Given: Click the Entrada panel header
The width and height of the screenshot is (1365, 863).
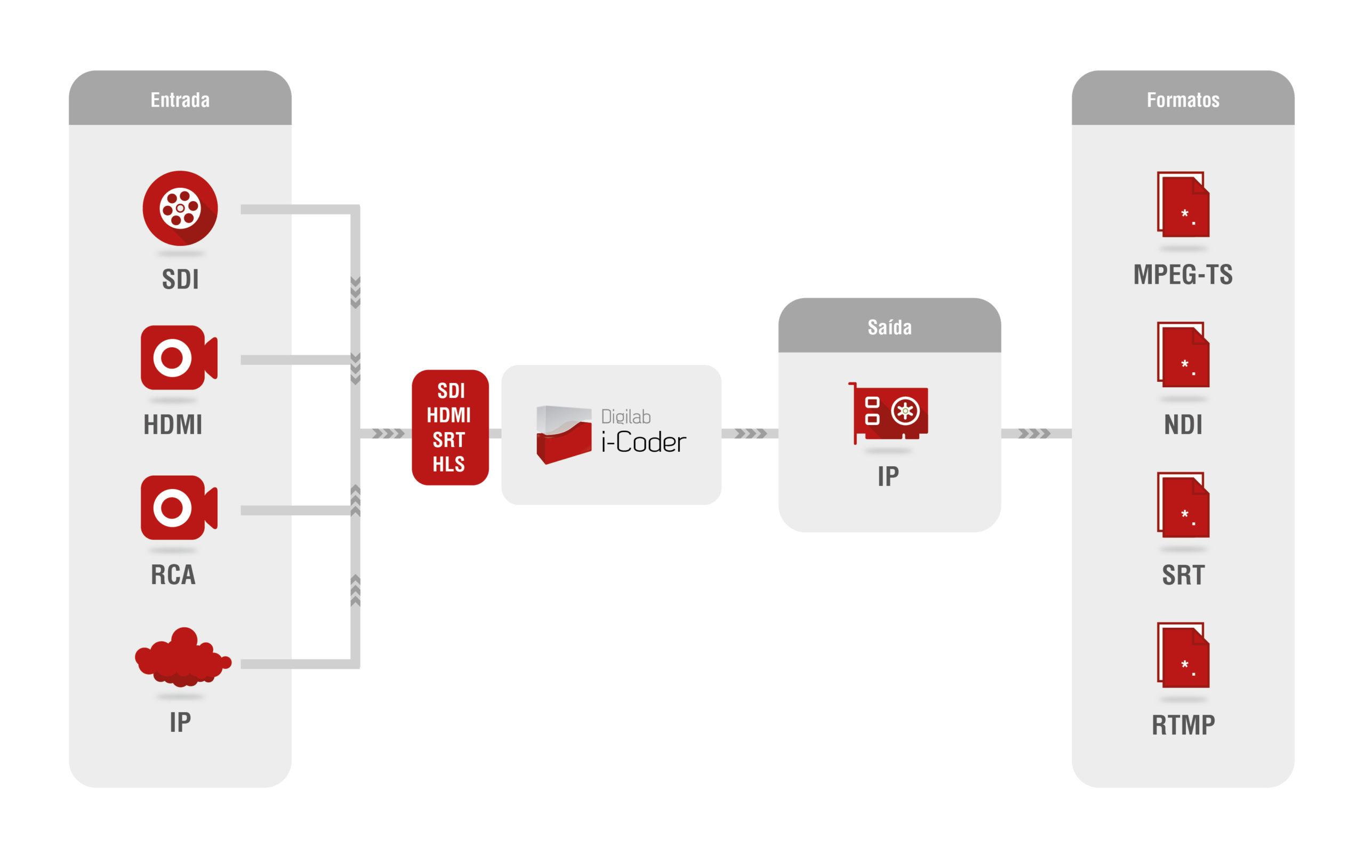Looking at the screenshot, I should (180, 100).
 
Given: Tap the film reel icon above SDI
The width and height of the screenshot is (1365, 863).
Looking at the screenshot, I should (180, 208).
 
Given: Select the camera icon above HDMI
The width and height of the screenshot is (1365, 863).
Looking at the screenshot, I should (179, 358).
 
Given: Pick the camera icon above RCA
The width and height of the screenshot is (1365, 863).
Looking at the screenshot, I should (179, 507).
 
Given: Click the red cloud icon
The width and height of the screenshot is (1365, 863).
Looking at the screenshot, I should (182, 657).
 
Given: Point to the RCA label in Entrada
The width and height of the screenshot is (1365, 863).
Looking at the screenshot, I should (173, 574).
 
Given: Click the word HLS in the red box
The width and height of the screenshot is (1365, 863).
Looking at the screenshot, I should (449, 465).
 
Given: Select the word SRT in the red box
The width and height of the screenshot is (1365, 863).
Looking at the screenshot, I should (449, 440).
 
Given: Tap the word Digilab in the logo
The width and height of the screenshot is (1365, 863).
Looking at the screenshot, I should (626, 417).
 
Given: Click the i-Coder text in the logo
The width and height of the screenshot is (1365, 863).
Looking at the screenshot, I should (644, 443).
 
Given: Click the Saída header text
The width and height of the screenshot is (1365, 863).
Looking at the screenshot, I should (889, 327).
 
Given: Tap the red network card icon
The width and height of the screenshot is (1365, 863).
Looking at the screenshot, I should (889, 413).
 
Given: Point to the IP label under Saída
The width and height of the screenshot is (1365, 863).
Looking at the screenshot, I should (888, 476).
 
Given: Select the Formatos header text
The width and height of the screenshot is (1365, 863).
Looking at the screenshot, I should (1183, 100).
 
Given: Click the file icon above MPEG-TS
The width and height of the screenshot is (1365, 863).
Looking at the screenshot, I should (1184, 205).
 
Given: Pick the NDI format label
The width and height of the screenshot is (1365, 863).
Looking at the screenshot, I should (1183, 425).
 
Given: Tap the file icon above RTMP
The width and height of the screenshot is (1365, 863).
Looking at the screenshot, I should (1184, 656).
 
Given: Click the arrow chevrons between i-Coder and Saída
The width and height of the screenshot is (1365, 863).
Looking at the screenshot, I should (751, 434).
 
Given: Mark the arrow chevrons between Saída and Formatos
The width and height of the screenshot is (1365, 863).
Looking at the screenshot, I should (1034, 434).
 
